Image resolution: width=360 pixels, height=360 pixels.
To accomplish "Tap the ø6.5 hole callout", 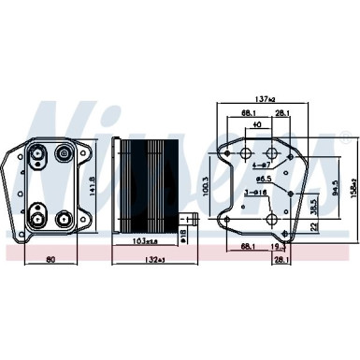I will [x=265, y=176].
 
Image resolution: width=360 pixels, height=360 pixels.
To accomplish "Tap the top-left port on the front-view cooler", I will [x=38, y=153].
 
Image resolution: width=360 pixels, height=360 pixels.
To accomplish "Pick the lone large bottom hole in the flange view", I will [x=270, y=220].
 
